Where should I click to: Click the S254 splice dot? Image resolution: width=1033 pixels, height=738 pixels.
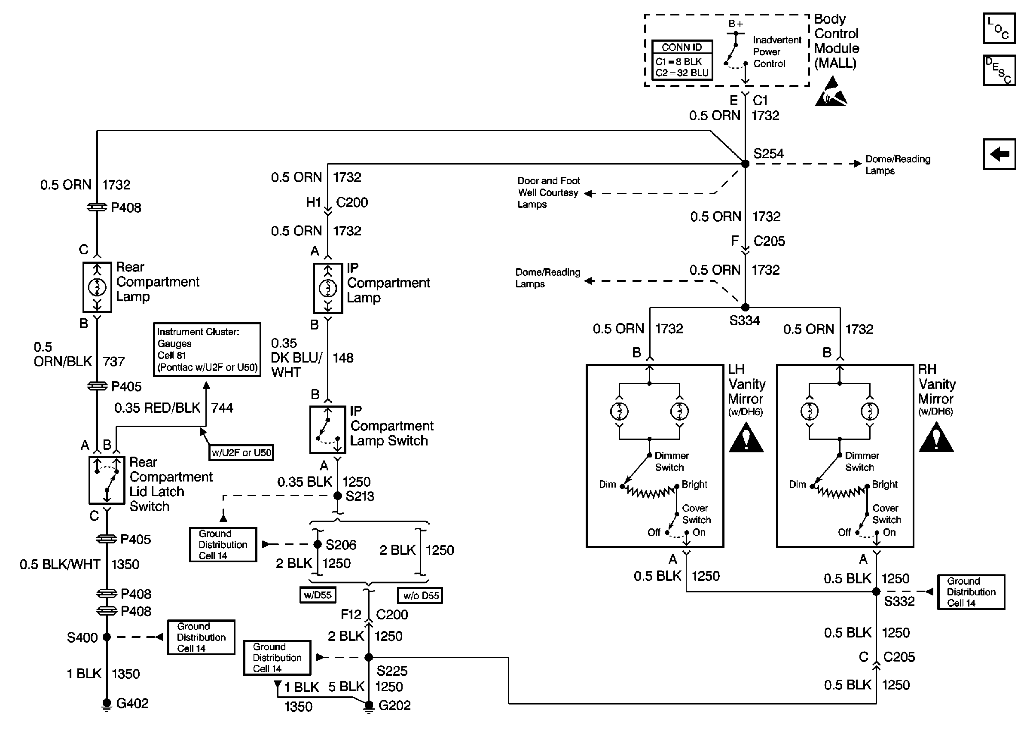coord(746,164)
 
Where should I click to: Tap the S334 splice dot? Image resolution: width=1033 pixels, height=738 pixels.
coord(746,308)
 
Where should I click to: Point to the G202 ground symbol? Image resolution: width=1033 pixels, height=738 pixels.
coord(369,706)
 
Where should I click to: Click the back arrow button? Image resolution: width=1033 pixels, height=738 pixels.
coord(999,154)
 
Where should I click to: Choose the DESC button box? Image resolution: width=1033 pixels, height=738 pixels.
coord(999,70)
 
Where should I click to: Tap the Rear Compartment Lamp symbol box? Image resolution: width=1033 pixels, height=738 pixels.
coord(97,287)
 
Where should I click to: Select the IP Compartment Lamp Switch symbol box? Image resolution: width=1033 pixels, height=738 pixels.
coord(328,430)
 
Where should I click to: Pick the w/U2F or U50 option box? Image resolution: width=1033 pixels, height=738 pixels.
coord(241,453)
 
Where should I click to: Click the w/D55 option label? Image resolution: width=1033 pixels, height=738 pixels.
coord(318,595)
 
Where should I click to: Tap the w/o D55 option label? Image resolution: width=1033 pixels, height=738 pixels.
coord(420,595)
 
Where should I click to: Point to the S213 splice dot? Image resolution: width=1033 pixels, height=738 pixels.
coord(338,496)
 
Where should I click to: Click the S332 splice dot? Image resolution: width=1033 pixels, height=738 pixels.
coord(876,592)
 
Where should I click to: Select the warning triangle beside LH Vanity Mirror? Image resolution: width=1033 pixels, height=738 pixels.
coord(746,438)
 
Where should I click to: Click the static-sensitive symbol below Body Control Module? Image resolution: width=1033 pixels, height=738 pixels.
coord(831,92)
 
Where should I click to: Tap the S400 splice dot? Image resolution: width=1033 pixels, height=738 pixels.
coord(107,637)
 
